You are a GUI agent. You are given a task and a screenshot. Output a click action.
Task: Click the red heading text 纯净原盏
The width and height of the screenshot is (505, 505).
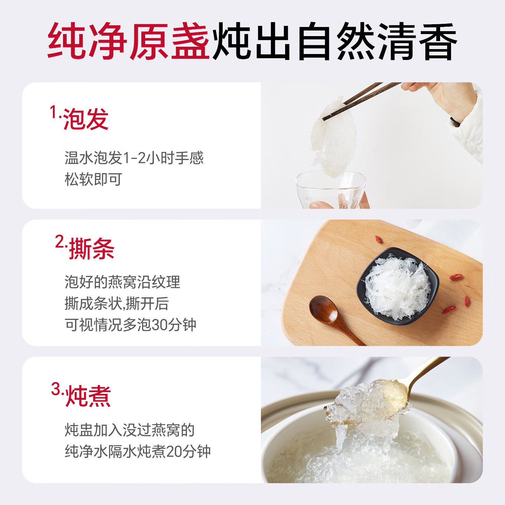coord(128,41)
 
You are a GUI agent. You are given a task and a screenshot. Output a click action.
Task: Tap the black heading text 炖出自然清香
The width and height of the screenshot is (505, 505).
coord(335,41)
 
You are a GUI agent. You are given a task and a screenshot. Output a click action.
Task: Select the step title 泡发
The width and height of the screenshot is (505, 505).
coord(86,119)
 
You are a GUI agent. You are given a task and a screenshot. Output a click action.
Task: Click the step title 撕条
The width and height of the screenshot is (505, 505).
coord(92,249)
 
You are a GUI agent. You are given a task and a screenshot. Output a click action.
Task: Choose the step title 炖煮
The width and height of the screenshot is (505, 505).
coord(88,396)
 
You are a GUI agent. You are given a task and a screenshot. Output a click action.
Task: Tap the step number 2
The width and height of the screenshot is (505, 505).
coord(60,242)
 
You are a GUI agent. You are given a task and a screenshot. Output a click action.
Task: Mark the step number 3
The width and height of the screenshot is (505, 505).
coord(56,389)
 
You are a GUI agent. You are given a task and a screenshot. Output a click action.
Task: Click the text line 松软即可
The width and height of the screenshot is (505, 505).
coord(93,179)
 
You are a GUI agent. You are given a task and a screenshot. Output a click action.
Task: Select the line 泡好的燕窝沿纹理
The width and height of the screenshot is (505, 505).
coord(122,282)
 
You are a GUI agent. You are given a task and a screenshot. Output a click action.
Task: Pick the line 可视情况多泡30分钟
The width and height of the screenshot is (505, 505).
coord(130,325)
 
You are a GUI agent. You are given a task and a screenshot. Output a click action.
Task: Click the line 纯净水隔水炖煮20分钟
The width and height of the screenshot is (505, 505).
coord(138,451)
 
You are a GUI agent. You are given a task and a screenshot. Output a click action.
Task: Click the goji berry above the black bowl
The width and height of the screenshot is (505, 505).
coord(379,240)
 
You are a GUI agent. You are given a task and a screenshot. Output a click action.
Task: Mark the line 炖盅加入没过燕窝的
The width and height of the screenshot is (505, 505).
coord(130,430)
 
